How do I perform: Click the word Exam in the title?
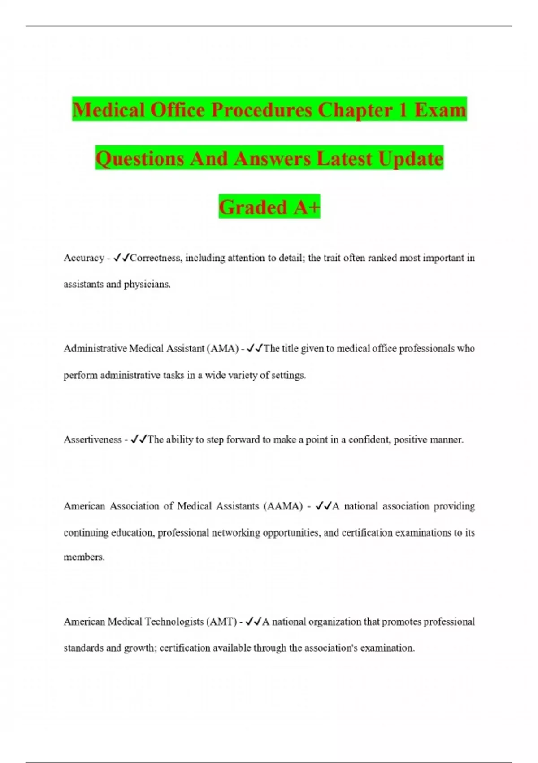point(440,110)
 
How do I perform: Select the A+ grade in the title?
point(307,207)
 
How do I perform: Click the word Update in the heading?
point(411,158)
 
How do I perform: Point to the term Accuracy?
point(84,258)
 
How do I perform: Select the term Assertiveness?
point(92,440)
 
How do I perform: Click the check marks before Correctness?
point(121,258)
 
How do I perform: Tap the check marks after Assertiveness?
point(139,440)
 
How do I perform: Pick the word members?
point(84,557)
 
